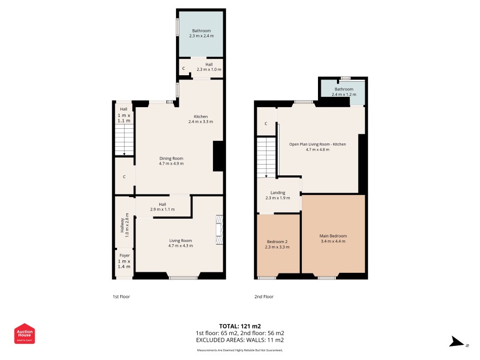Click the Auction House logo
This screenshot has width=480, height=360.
[x=24, y=333]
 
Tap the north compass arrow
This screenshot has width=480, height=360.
[x=457, y=342]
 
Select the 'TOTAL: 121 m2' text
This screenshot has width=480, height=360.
[x=240, y=326]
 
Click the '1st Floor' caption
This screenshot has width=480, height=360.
[x=121, y=296]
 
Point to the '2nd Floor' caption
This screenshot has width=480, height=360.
[x=264, y=296]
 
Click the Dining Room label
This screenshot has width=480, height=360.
[x=171, y=161]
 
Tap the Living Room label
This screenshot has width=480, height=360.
[x=180, y=243]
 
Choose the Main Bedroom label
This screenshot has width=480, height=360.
[x=333, y=239]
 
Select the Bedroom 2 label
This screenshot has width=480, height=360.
[x=277, y=244]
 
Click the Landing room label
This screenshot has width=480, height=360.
[x=278, y=195]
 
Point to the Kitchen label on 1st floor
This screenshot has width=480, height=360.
[x=201, y=119]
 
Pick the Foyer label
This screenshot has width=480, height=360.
[x=124, y=261]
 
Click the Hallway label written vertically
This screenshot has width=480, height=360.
[x=125, y=225]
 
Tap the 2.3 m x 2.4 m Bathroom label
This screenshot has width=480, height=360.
[x=202, y=33]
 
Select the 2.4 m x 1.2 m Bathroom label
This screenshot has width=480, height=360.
[x=344, y=91]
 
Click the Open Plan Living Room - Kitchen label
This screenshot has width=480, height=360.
[x=317, y=147]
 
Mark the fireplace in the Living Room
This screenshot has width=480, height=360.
[x=219, y=230]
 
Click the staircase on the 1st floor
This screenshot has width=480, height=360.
[x=124, y=140]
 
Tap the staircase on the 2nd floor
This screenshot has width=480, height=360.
[x=267, y=158]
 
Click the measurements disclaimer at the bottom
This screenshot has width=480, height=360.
[x=239, y=350]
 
